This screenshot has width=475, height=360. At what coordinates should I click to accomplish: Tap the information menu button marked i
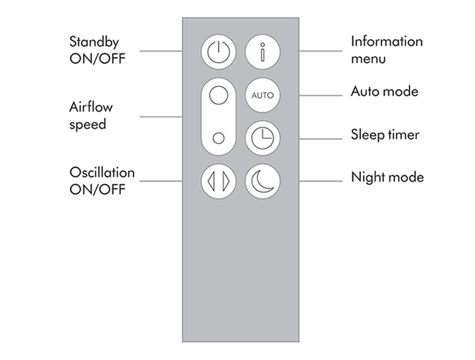262,51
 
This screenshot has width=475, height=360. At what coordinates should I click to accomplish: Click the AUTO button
262,95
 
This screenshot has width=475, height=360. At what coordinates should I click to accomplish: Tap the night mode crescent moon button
262,181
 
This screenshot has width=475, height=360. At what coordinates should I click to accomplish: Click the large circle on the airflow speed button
218,95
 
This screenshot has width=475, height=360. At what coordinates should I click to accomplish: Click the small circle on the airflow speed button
218,138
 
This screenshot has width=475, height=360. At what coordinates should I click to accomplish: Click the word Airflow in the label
91,107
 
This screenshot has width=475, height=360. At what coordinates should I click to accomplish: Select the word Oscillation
102,172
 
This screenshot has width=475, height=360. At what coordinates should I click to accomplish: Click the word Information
387,41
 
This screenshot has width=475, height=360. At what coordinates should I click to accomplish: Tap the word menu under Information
368,59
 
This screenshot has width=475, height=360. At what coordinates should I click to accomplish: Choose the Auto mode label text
384,91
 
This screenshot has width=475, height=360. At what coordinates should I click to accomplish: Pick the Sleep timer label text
385,135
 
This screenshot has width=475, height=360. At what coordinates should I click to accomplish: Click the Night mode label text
387,178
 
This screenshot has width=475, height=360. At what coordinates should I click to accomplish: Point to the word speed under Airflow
88,125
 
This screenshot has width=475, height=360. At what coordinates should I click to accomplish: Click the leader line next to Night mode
321,181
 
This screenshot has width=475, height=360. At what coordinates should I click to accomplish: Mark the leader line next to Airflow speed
161,116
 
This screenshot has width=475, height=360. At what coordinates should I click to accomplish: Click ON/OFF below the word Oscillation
98,189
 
